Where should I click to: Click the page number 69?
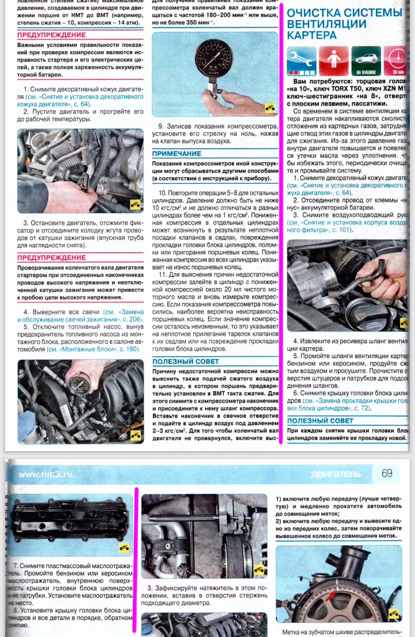click(387, 473)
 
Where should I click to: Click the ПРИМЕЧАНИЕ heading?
click(176, 154)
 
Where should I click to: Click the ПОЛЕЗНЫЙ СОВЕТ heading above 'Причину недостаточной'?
click(186, 362)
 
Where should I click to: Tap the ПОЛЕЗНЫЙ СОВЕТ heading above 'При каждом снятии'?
click(320, 421)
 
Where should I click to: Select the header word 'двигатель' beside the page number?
click(335, 475)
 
